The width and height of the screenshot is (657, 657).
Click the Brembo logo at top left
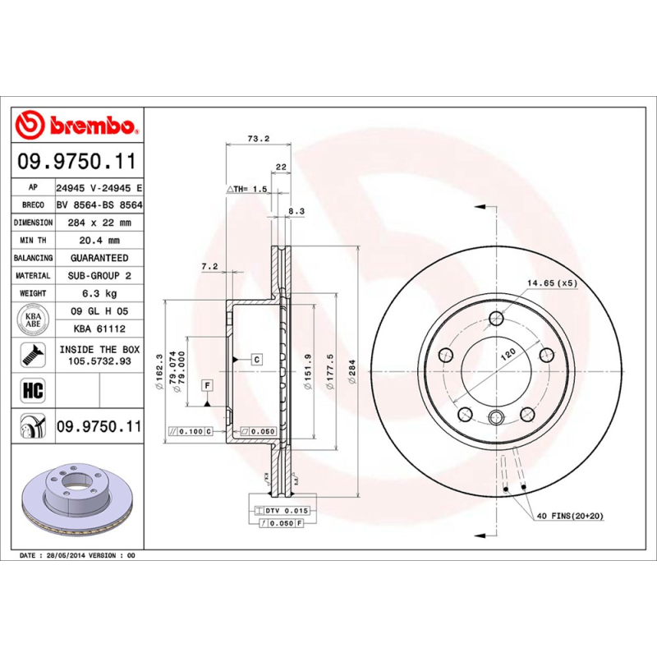tap(79, 126)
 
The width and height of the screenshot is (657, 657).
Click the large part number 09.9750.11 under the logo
tap(79, 161)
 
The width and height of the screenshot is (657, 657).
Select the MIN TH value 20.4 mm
tap(98, 240)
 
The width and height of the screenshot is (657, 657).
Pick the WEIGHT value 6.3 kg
tap(98, 293)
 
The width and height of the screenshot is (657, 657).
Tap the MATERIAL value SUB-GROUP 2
tap(98, 276)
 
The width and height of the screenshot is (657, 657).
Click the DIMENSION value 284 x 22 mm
tap(98, 223)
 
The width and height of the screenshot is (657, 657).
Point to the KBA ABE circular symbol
tap(33, 318)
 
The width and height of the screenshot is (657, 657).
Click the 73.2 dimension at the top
tap(259, 139)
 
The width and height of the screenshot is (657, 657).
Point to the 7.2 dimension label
tap(209, 266)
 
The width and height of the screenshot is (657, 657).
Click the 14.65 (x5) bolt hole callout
tap(552, 283)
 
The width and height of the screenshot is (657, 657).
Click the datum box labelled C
tap(256, 360)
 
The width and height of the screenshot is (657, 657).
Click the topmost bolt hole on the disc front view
tap(496, 319)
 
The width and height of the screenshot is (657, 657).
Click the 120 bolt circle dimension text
tap(508, 353)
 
